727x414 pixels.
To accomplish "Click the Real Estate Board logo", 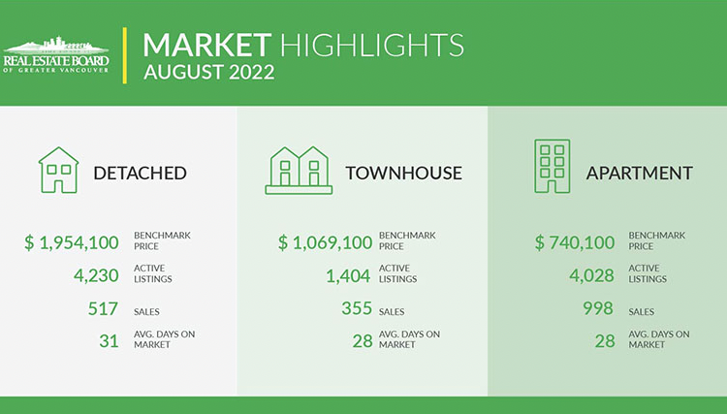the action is click(56, 55).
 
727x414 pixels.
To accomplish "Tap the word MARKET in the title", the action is click(206, 45).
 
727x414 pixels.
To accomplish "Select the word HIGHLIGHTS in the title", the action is click(372, 45).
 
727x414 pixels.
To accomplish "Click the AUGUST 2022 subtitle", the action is click(209, 73).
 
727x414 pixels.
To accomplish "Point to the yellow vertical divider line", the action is click(124, 55).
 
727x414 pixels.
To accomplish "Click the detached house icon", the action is click(58, 170).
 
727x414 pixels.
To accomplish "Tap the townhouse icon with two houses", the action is click(299, 170).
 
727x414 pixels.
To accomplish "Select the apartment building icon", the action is click(553, 166).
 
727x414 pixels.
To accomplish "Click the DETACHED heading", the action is click(140, 173).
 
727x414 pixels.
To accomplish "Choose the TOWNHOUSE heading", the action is click(404, 173).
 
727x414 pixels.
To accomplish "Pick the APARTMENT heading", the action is click(640, 173).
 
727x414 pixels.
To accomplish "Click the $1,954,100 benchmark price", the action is click(72, 242).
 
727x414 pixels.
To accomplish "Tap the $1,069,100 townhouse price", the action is click(325, 242).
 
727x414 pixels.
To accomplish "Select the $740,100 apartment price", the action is click(575, 242).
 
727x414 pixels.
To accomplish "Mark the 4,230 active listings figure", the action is click(96, 275).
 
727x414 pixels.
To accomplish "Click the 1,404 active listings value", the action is click(348, 275).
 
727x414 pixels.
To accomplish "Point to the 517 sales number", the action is click(103, 308).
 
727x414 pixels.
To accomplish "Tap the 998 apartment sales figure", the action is click(598, 308).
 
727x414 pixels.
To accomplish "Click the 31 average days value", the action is click(109, 341).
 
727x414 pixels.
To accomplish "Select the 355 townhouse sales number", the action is click(357, 308).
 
